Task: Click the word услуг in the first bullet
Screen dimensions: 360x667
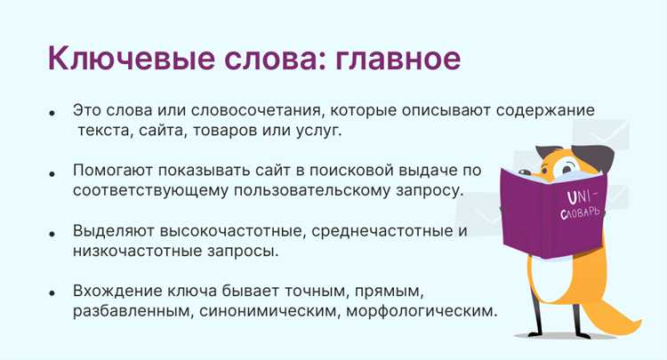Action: tap(317, 131)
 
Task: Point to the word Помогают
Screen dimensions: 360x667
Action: tap(114, 171)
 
